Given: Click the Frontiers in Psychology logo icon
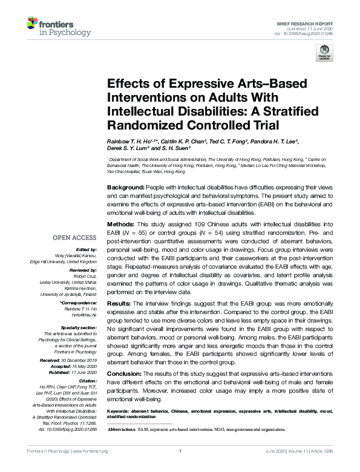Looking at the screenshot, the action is click(34, 25).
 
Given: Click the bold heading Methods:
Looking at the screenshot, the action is click(120, 223).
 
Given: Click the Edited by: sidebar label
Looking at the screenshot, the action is click(87, 249).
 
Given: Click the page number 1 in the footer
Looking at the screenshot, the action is click(180, 451).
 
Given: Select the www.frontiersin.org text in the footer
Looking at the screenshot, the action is click(90, 451).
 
